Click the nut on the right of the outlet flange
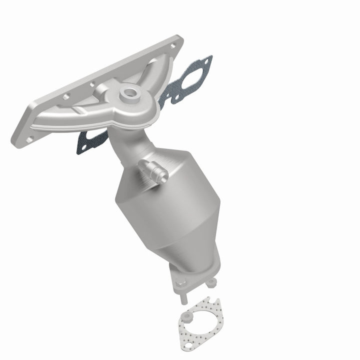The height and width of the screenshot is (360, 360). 212,283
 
